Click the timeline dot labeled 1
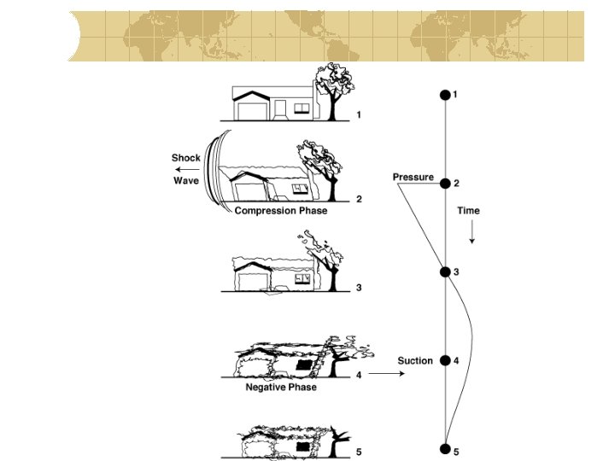click(444, 95)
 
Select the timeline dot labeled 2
click(444, 183)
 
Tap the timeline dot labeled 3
click(444, 271)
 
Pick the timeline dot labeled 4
click(444, 360)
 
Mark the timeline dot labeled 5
click(444, 449)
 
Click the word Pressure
click(413, 177)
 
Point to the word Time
click(468, 211)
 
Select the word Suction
click(415, 361)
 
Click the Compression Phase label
click(281, 211)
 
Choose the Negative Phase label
click(281, 388)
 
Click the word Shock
click(185, 158)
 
